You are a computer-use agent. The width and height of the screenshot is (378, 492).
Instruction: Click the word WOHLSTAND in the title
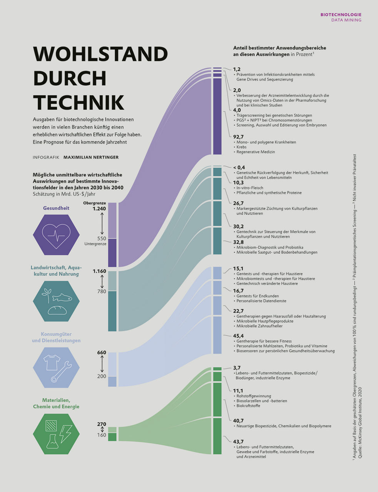pos(100,54)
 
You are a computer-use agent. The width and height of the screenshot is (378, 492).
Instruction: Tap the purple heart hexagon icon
pos(56,234)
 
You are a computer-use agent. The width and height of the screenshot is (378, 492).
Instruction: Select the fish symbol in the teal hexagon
pos(62,297)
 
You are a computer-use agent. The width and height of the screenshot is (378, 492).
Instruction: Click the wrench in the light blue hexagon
pos(61,372)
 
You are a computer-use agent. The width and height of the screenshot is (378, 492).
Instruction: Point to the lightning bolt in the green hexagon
pos(65,434)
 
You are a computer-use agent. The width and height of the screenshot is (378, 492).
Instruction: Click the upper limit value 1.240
pos(99,209)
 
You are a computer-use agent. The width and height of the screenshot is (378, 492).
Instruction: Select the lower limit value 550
pos(102,238)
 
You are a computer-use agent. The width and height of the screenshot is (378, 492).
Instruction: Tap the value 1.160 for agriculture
pos(99,271)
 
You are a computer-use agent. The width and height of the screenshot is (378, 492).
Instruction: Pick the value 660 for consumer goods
pos(101,352)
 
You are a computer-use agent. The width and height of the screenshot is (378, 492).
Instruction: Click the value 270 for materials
pos(101,424)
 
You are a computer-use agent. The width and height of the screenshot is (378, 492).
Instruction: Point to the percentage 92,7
pos(239,136)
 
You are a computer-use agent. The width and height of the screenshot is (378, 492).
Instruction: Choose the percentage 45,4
pos(238,336)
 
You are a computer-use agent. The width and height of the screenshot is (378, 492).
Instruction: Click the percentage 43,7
pos(238,442)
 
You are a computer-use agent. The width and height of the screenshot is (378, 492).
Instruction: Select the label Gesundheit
pos(56,208)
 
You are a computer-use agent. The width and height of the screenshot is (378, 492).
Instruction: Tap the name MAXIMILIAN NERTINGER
pos(91,157)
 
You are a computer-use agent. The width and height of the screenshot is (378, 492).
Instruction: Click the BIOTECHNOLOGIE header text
pos(341,15)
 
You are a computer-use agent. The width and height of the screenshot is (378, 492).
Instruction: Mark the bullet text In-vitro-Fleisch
pos(250,188)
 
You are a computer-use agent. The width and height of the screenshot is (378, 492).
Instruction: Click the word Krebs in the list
pos(241,147)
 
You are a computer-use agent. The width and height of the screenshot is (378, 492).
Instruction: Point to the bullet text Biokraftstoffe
pos(248,406)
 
